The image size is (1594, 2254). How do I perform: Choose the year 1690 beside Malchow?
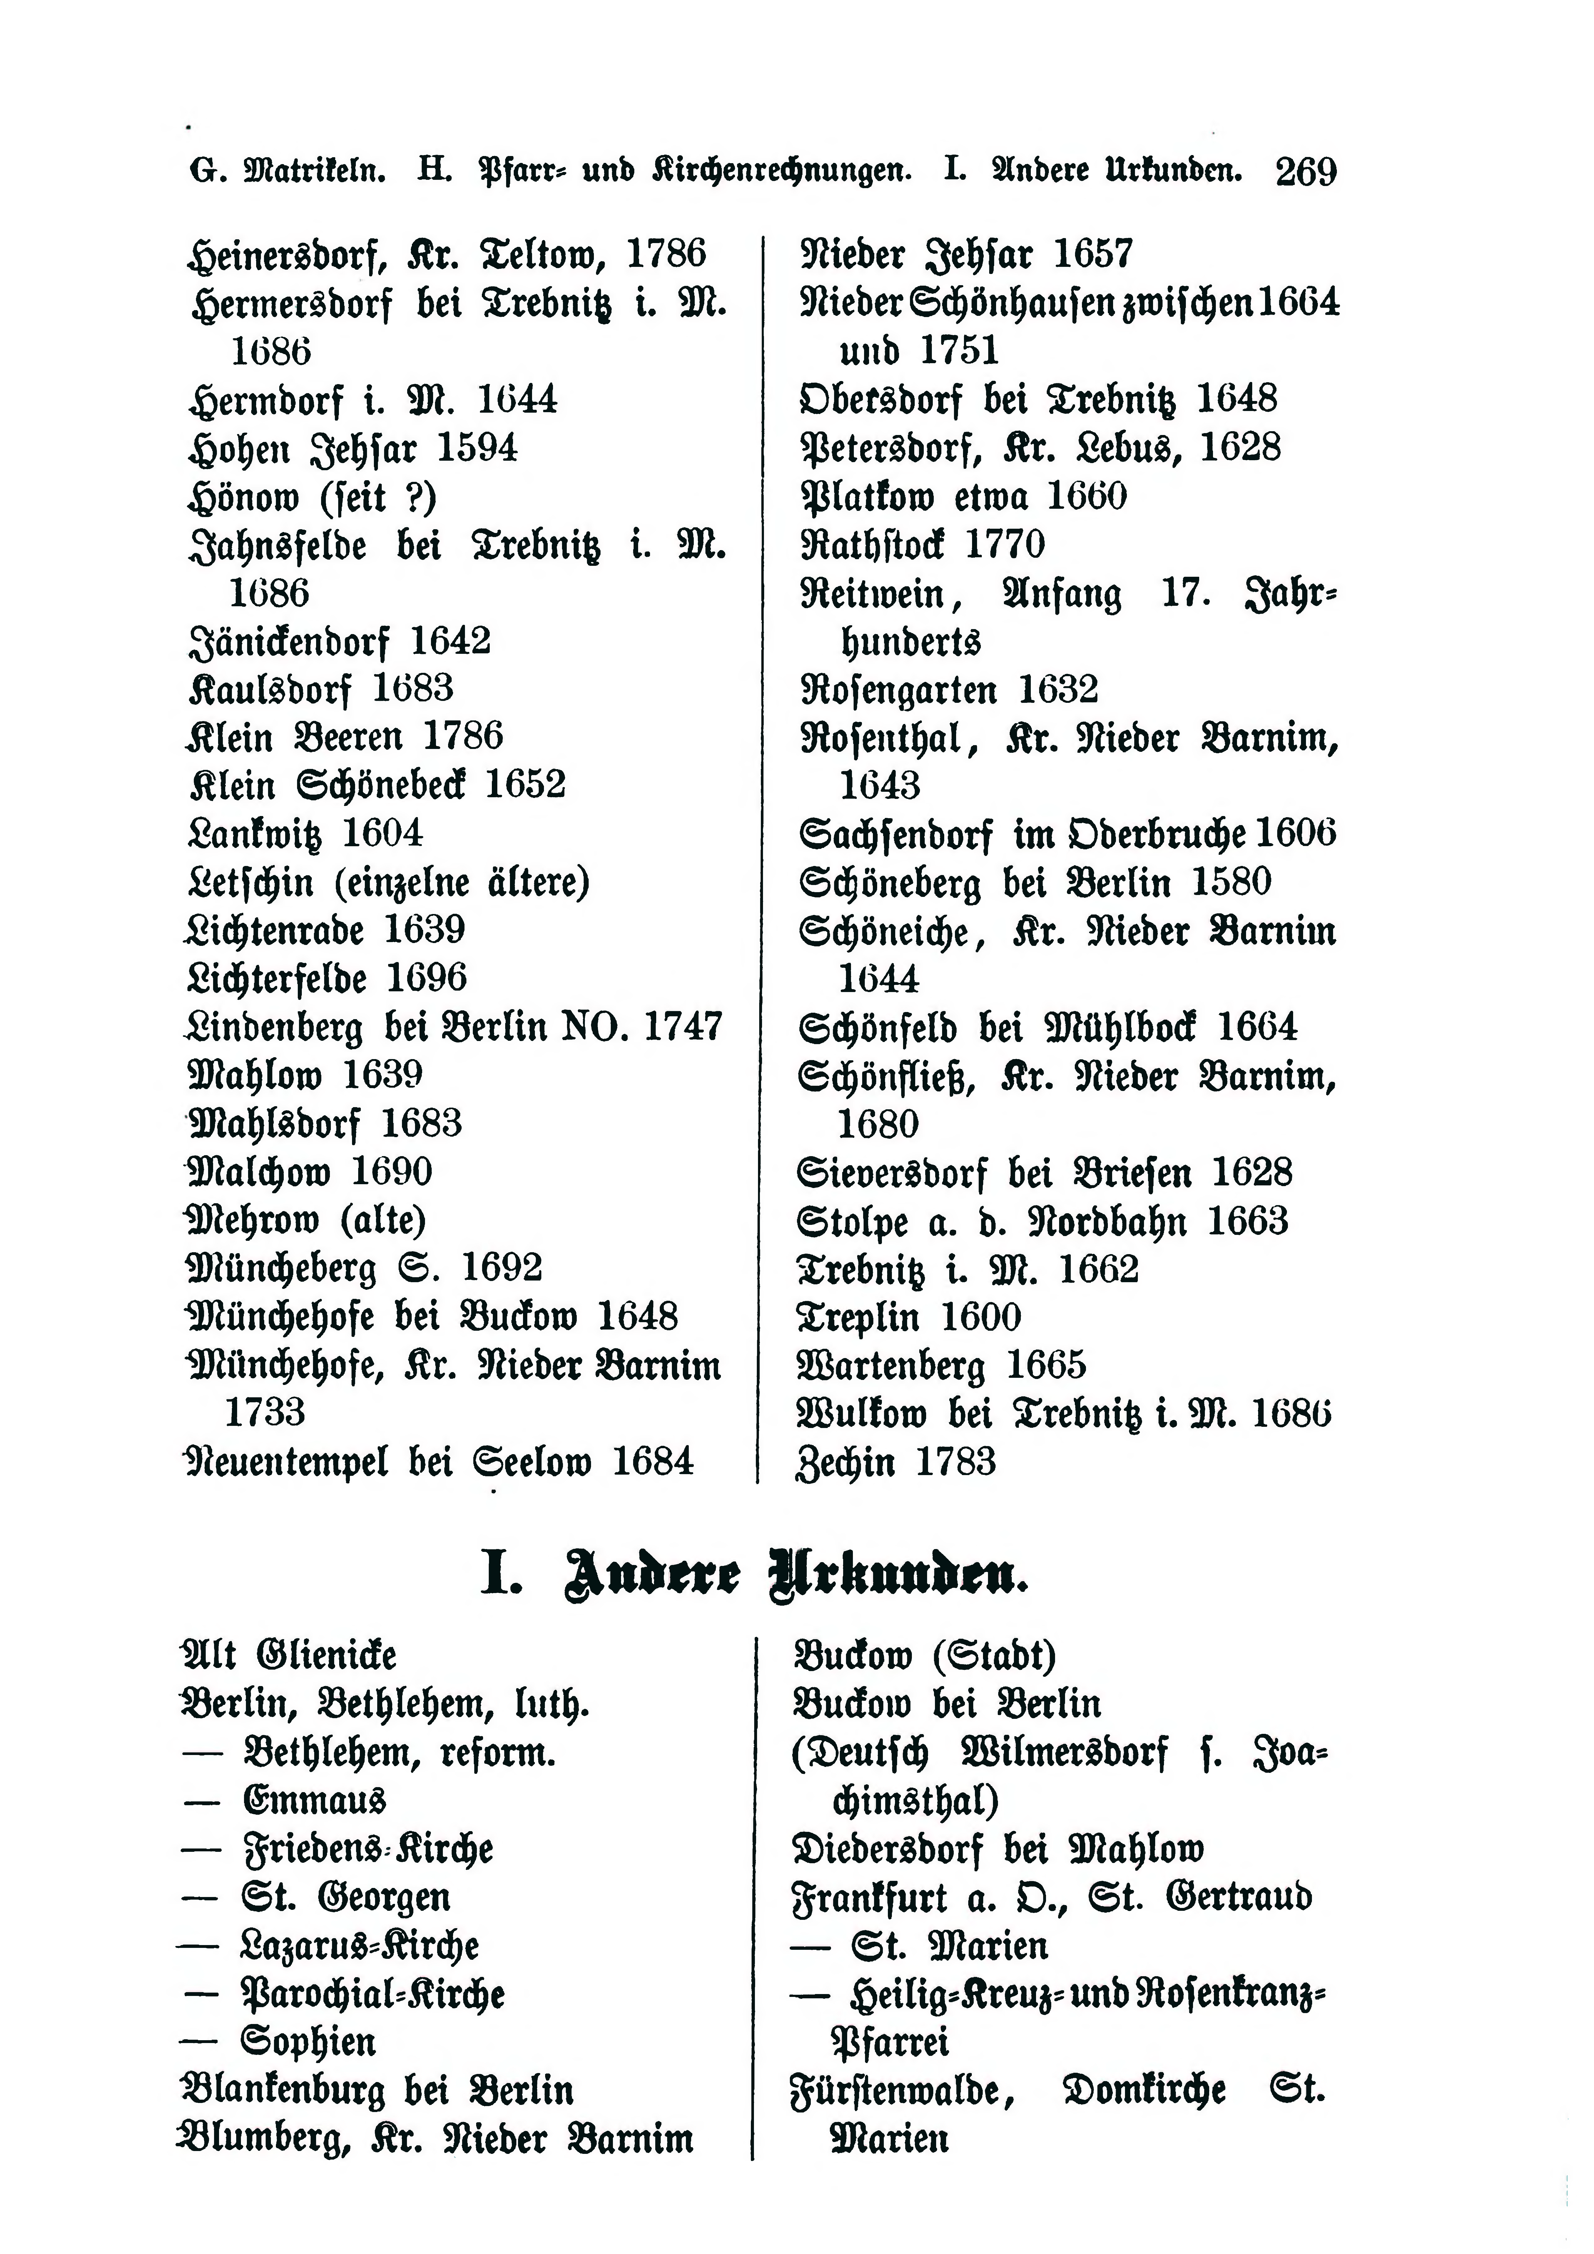[391, 1171]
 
